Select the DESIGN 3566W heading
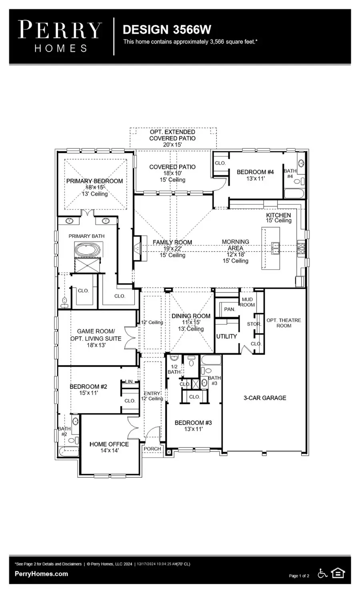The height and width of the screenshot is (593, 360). click(x=167, y=30)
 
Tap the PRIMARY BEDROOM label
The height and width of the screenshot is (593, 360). click(x=94, y=181)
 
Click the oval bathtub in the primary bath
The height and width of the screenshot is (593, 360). click(x=87, y=251)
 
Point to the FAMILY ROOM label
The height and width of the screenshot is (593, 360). click(x=172, y=242)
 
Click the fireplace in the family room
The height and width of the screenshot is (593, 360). click(x=138, y=248)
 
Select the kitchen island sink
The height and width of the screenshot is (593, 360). click(x=276, y=248)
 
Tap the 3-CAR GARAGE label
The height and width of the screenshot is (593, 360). click(x=265, y=398)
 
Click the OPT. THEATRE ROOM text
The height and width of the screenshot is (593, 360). click(x=284, y=323)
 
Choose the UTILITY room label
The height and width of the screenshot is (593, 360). click(x=226, y=336)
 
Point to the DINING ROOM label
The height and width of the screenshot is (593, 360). click(x=191, y=316)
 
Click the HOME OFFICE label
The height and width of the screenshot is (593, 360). click(x=109, y=444)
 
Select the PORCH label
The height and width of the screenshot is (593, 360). click(x=152, y=449)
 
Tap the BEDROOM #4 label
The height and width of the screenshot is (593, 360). click(x=255, y=172)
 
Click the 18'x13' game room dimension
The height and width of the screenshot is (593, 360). click(x=96, y=345)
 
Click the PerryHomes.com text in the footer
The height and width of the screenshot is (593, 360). click(x=41, y=574)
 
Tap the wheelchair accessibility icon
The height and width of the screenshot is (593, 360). click(x=322, y=573)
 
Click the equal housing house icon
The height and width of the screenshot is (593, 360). click(x=338, y=573)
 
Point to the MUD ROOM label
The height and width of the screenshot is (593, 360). click(x=247, y=302)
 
